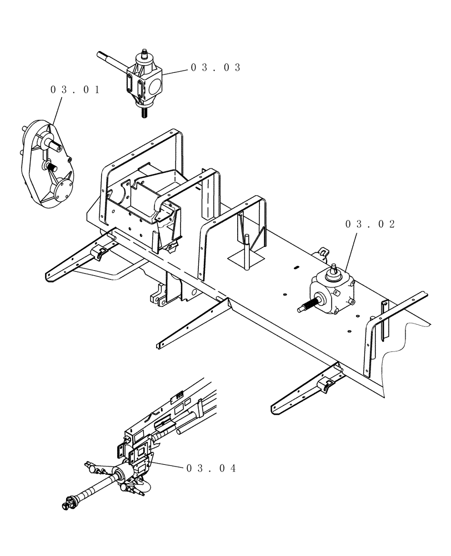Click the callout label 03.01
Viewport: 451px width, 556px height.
coord(75,90)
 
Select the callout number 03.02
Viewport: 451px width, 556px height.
coord(370,224)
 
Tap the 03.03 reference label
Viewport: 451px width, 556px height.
coord(216,67)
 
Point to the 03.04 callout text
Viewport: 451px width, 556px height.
coord(212,469)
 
